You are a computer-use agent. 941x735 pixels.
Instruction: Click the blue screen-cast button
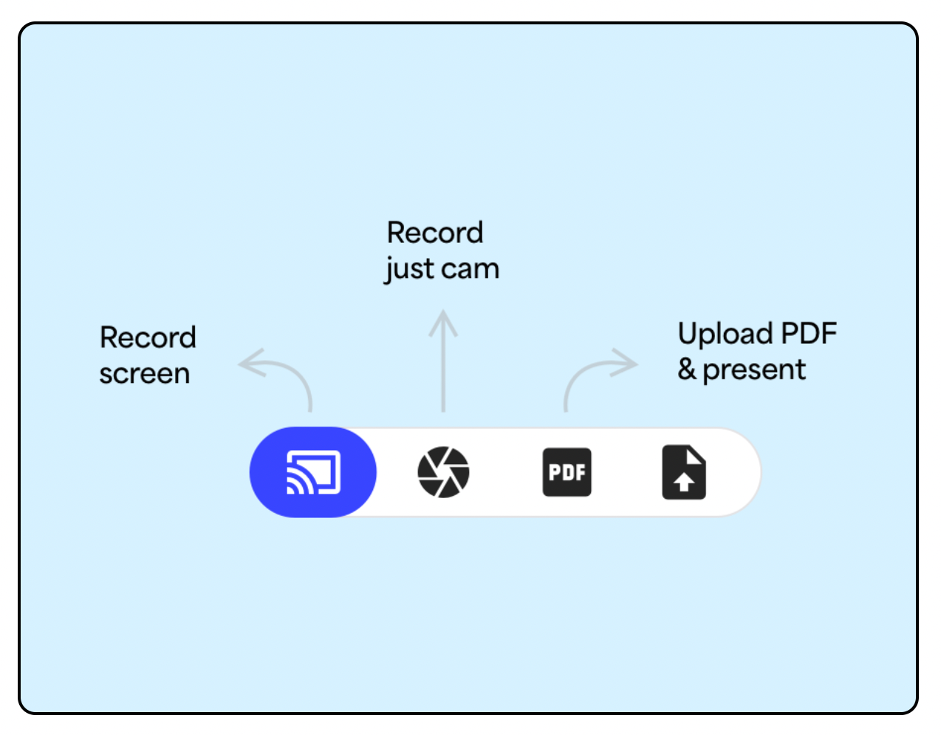313,472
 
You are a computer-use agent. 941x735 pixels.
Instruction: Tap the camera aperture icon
443,472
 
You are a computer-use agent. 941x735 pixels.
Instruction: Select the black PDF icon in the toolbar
567,472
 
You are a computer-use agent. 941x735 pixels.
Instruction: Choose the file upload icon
683,472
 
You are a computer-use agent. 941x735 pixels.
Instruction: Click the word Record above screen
148,338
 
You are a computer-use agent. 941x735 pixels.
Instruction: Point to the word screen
145,374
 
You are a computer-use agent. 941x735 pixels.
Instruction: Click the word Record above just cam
435,233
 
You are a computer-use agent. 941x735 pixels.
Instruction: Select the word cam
470,269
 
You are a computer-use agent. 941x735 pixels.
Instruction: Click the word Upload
725,334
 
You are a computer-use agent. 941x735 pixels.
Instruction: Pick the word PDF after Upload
809,334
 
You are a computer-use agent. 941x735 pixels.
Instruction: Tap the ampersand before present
687,369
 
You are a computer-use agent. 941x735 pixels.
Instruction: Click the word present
754,370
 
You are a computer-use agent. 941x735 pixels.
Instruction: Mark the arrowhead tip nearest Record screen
240,363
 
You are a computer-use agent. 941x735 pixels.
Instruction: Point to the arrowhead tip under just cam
443,312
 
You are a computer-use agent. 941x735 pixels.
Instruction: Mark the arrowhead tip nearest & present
636,363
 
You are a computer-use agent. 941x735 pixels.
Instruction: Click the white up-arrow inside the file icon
684,483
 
